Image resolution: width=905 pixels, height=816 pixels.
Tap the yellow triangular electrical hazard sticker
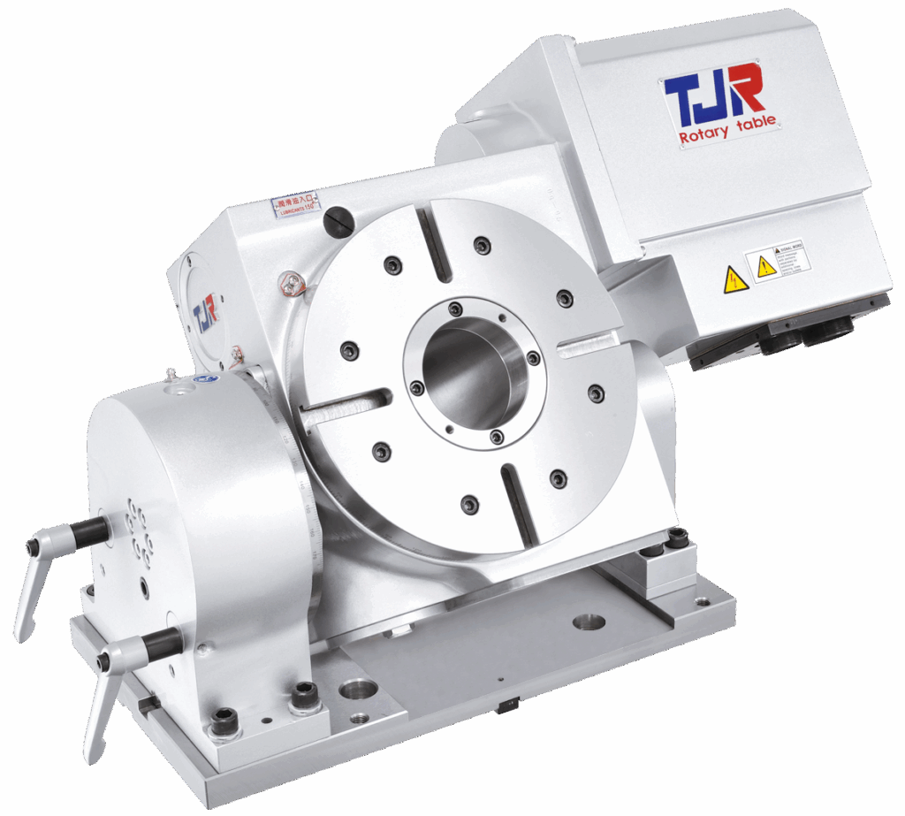735,279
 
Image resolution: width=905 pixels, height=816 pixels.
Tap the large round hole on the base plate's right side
589,622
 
